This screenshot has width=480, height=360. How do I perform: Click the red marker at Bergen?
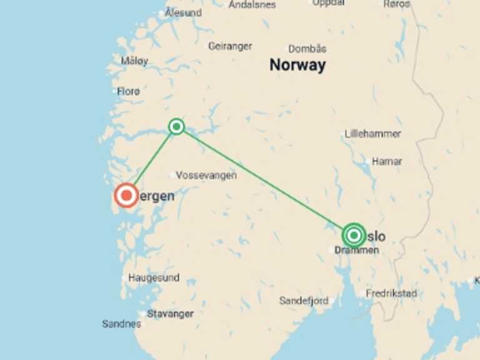coord(127,196)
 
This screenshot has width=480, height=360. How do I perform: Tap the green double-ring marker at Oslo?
coord(354,235)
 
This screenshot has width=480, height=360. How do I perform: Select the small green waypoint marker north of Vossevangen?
coord(177,127)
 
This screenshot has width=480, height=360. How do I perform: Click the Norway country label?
coord(297,65)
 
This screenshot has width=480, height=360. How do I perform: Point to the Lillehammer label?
coord(373,134)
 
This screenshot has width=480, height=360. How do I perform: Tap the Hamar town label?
coord(387,161)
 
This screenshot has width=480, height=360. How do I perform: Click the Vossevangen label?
coord(206,176)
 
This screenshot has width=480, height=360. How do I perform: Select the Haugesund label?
coord(154,277)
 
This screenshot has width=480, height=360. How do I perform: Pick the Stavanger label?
coord(171,314)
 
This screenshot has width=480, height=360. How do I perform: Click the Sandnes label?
coord(121,324)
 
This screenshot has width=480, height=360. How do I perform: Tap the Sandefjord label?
coord(304,301)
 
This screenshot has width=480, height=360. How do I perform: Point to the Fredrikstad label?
coord(391,293)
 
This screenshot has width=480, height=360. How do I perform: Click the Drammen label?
coord(357,250)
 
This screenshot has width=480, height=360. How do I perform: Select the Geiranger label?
coord(230,46)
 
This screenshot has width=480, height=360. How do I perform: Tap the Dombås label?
coord(307,49)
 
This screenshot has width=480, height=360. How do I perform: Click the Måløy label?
coord(134,61)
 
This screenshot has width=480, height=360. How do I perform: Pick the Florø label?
coord(128,91)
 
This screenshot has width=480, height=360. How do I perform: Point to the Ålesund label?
coord(182,12)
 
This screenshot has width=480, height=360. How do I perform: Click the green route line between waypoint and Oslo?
coord(262,179)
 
